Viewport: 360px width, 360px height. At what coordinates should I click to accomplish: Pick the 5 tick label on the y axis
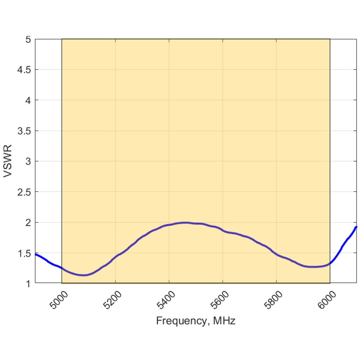tap(28, 39)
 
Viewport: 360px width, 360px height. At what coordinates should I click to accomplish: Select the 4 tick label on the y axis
tap(28, 100)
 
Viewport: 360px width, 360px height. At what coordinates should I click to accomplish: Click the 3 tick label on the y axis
tap(28, 161)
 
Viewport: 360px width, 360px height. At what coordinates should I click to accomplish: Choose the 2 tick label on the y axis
tap(28, 223)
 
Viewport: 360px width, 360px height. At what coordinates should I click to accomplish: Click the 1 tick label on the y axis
tap(28, 283)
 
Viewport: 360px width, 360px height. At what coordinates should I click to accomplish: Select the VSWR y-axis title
tap(8, 161)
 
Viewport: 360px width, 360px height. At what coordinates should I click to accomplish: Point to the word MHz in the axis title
tap(224, 321)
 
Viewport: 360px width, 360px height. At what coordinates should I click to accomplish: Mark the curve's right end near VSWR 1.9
tap(356, 227)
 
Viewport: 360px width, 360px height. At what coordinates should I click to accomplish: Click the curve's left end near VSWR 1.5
tap(36, 254)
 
